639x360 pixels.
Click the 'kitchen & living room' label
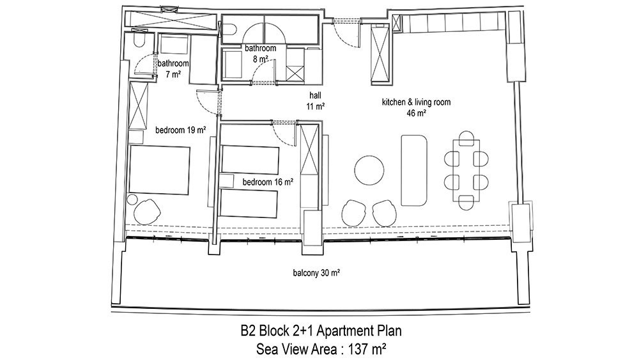pyautogui.click(x=416, y=102)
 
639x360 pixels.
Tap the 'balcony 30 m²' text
pyautogui.click(x=317, y=273)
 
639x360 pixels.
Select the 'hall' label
pyautogui.click(x=315, y=95)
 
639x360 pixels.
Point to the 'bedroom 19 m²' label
pyautogui.click(x=181, y=130)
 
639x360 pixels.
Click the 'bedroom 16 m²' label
pyautogui.click(x=268, y=182)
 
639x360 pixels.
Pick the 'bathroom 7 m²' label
pyautogui.click(x=173, y=68)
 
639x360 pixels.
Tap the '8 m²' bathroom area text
pyautogui.click(x=261, y=59)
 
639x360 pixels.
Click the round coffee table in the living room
pyautogui.click(x=369, y=170)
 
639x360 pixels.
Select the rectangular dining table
pyautogui.click(x=466, y=170)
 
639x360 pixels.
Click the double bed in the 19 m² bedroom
pyautogui.click(x=159, y=170)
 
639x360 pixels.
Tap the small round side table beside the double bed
pyautogui.click(x=132, y=200)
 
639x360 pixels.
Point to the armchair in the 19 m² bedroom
pyautogui.click(x=146, y=211)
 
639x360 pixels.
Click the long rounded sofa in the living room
pyautogui.click(x=413, y=171)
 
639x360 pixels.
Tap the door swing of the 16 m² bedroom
pyautogui.click(x=282, y=134)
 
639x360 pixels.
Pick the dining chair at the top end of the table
pyautogui.click(x=466, y=138)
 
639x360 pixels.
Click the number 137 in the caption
pyautogui.click(x=358, y=349)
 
